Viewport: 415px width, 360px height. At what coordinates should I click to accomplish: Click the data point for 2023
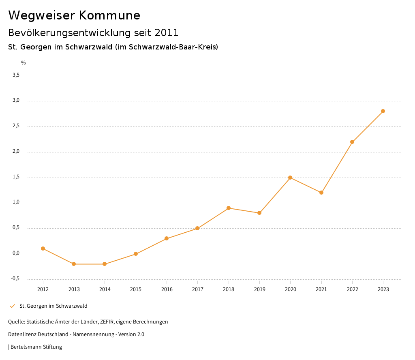click(383, 111)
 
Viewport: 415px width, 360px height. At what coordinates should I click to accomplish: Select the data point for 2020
click(290, 178)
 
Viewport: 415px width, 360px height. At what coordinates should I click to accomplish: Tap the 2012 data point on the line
click(43, 249)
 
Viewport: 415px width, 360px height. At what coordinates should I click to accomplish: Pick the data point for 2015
click(136, 254)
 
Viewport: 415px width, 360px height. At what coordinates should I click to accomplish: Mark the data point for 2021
click(321, 193)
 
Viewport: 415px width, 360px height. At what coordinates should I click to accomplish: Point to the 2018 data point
click(229, 208)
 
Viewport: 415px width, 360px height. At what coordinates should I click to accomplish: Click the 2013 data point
click(74, 264)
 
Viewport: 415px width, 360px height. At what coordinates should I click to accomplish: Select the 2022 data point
click(352, 142)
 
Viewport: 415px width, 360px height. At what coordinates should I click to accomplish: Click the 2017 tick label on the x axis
click(197, 289)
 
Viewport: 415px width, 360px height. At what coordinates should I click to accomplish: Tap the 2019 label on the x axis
click(259, 289)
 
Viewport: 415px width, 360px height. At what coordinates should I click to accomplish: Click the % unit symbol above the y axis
click(24, 63)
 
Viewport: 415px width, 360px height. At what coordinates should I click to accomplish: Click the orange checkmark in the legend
click(12, 306)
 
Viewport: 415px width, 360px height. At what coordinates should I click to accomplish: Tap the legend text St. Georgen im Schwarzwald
click(53, 306)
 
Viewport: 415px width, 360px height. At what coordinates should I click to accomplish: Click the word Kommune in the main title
click(110, 15)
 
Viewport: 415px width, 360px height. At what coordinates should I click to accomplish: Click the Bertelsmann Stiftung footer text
click(36, 347)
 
